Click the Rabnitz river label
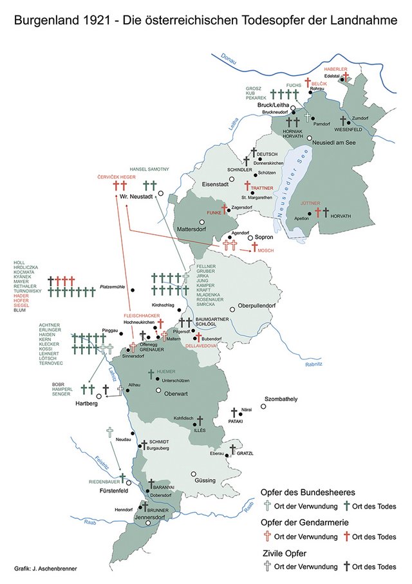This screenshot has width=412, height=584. pyautogui.click(x=313, y=364)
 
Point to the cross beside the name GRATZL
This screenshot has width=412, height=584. pyautogui.click(x=233, y=449)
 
